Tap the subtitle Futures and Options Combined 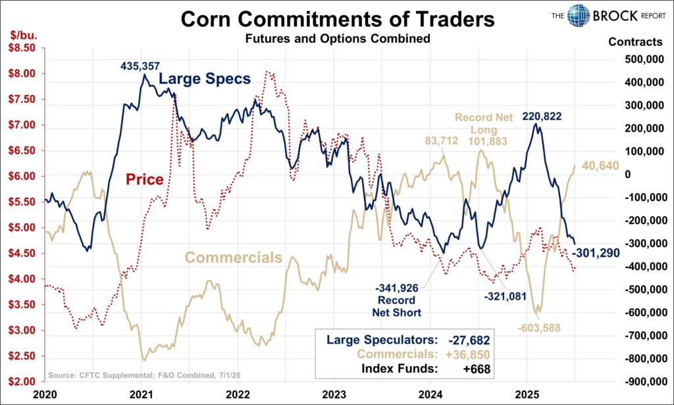pyautogui.click(x=338, y=39)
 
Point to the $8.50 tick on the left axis pyautogui.click(x=20, y=47)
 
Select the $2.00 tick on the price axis pyautogui.click(x=20, y=382)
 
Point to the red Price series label pyautogui.click(x=145, y=179)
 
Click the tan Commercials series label pyautogui.click(x=234, y=257)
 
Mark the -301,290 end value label pyautogui.click(x=595, y=252)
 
